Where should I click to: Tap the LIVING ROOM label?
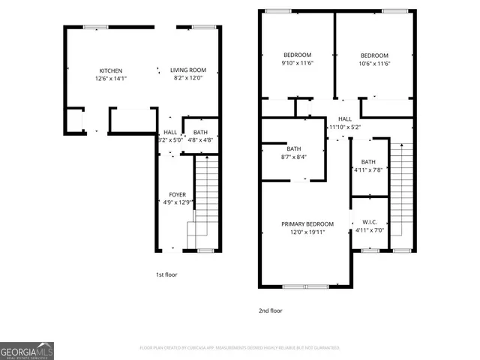pos(187,70)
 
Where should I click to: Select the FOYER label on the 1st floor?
pos(178,194)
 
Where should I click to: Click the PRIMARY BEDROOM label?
pos(307,223)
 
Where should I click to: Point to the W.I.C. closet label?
pos(369,222)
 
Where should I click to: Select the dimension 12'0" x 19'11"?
pos(307,232)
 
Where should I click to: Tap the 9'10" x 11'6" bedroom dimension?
pos(298,63)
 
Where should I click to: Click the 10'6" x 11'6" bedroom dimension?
pos(374,64)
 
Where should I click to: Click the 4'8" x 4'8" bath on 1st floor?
pos(200,139)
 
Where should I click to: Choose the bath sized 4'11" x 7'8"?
pos(368,170)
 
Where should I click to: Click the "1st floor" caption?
pos(166,275)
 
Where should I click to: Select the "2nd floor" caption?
pos(271,310)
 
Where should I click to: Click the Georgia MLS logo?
pos(27,350)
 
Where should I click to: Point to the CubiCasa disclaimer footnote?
pos(239,348)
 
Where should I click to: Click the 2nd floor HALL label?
pos(344,119)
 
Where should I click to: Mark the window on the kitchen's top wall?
pos(95,27)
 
